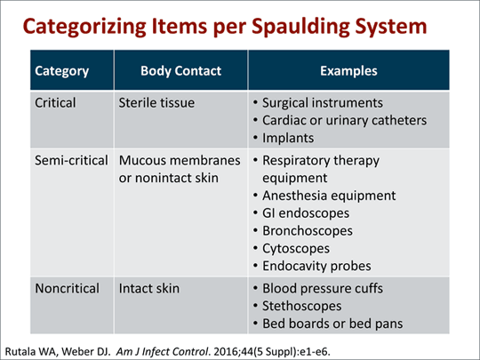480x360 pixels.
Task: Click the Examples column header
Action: tap(348, 70)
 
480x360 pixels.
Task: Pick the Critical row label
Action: tap(56, 102)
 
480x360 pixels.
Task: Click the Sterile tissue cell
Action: tap(158, 102)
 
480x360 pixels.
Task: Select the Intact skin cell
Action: tap(151, 289)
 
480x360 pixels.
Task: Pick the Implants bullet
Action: tap(296, 137)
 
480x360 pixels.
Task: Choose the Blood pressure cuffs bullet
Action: tap(328, 289)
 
